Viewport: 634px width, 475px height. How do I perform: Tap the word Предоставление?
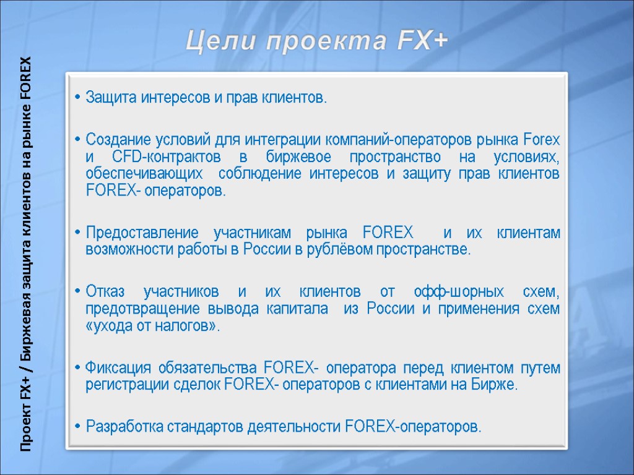(x=142, y=233)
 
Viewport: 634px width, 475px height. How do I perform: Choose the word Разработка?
(x=122, y=426)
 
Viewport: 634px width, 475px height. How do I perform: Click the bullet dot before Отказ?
(x=76, y=291)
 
